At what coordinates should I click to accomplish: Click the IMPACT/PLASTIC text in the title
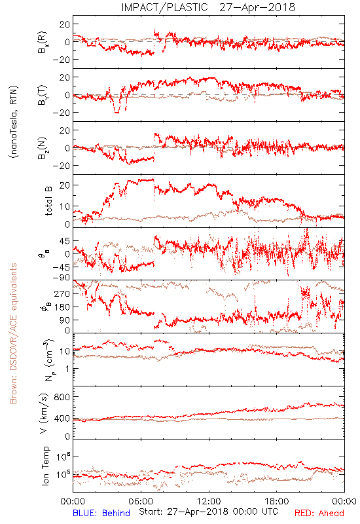tap(164, 7)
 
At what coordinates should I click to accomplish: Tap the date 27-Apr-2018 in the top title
tap(257, 7)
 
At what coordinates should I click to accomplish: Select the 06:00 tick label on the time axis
tap(141, 501)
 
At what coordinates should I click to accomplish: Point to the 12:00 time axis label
tap(209, 501)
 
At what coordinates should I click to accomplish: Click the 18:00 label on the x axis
tap(276, 501)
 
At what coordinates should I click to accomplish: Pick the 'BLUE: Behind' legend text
tap(101, 513)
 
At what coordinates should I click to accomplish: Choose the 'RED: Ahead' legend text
tap(319, 513)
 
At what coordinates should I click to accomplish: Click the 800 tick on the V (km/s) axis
tap(62, 397)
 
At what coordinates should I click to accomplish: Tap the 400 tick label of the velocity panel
tap(62, 418)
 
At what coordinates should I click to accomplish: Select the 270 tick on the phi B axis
tap(62, 293)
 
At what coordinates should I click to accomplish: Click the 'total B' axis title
tap(48, 201)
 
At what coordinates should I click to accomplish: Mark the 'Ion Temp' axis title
tap(45, 466)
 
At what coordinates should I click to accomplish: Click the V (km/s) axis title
tap(44, 413)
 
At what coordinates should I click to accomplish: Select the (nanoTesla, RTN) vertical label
tap(14, 122)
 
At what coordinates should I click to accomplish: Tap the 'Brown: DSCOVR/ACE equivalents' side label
tap(13, 333)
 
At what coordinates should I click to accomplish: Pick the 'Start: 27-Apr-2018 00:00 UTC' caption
tap(208, 512)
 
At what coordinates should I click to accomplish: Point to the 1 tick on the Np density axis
tap(67, 369)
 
